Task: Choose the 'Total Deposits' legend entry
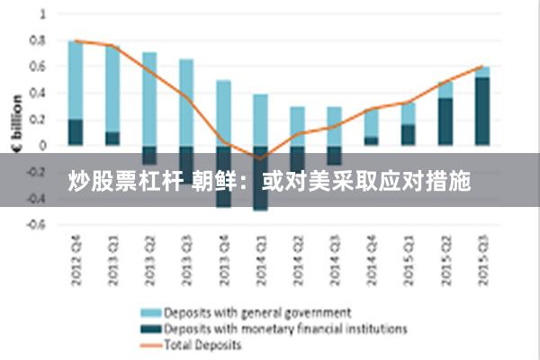point(202,345)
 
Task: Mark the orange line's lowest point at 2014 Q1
point(261,158)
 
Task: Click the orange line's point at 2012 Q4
point(76,40)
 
